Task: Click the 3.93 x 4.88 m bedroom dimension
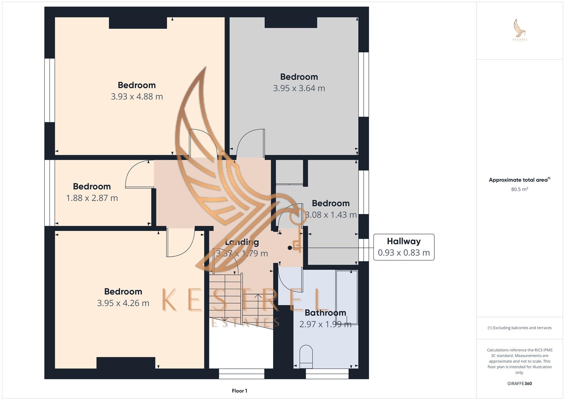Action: [x=137, y=97]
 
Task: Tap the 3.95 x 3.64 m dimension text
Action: [x=299, y=89]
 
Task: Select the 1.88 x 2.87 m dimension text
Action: [x=92, y=198]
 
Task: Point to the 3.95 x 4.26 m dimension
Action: [x=123, y=303]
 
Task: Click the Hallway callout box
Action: [x=403, y=247]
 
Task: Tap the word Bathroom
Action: [x=325, y=313]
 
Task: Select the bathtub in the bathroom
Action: [x=347, y=297]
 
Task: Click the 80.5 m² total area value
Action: [x=519, y=189]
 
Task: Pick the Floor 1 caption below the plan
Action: [x=239, y=391]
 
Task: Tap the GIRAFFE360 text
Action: [x=519, y=383]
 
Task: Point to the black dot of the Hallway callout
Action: [x=290, y=248]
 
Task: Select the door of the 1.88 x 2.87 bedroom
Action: [x=139, y=174]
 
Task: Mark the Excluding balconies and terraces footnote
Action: [x=519, y=328]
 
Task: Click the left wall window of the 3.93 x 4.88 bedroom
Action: [x=50, y=90]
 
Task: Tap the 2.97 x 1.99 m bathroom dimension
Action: [x=325, y=324]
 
